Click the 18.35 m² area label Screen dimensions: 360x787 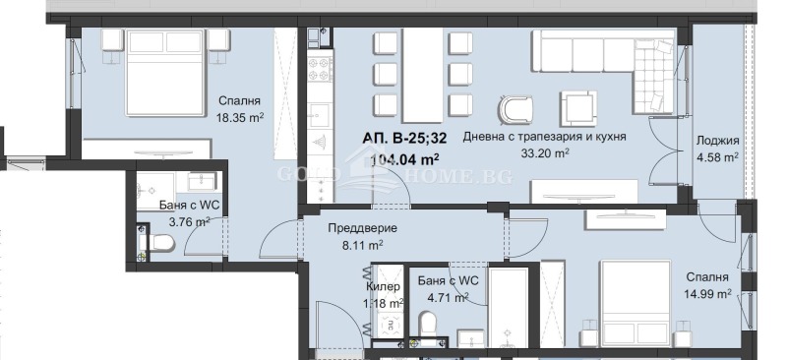tap(237, 119)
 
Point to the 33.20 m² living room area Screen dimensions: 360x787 tap(544, 153)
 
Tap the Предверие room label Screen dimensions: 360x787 tap(355, 228)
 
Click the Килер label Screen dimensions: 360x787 tap(385, 286)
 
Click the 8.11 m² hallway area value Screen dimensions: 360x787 tap(355, 246)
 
